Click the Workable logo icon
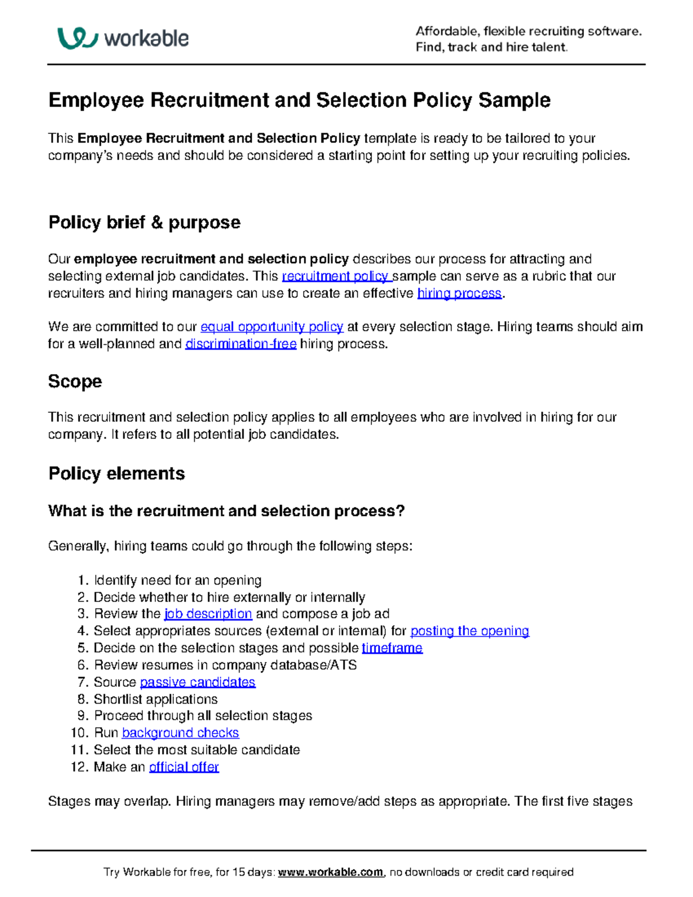[77, 38]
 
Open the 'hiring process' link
[459, 293]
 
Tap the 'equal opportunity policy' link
[271, 327]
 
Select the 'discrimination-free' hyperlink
[240, 344]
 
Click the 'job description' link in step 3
[208, 613]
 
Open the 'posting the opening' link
[470, 631]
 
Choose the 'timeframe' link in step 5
[392, 648]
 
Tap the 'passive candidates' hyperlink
[198, 682]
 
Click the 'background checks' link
[180, 733]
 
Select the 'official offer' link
[184, 767]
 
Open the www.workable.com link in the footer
[330, 872]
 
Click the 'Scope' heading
[75, 381]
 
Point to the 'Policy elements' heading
[117, 474]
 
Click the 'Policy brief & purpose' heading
[144, 222]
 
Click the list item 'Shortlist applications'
[155, 699]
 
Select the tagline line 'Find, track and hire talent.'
[491, 47]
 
